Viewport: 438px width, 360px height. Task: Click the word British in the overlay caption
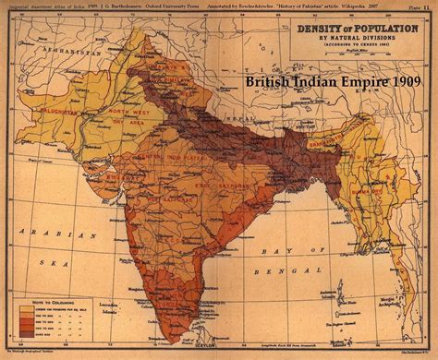(x=269, y=81)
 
